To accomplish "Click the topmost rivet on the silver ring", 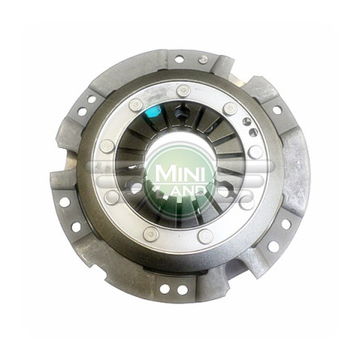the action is click(x=184, y=91).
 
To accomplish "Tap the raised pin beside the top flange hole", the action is click(x=203, y=60).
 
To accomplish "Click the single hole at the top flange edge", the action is click(x=180, y=59).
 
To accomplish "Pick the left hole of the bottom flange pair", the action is click(x=164, y=289).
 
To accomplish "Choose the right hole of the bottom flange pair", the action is click(x=183, y=290).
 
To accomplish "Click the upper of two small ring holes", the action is click(x=246, y=121).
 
